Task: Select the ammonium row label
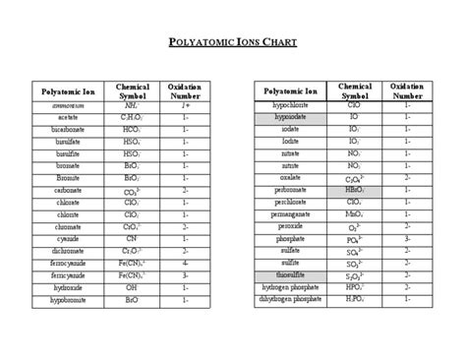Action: [x=69, y=103]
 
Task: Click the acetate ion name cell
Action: [x=69, y=116]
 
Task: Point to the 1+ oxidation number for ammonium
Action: [x=185, y=103]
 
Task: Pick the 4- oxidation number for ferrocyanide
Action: [x=185, y=264]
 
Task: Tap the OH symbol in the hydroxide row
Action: [x=132, y=288]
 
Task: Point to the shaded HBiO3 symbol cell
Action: [x=354, y=189]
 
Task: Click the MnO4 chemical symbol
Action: [x=354, y=213]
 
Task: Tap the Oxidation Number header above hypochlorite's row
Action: [x=407, y=90]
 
